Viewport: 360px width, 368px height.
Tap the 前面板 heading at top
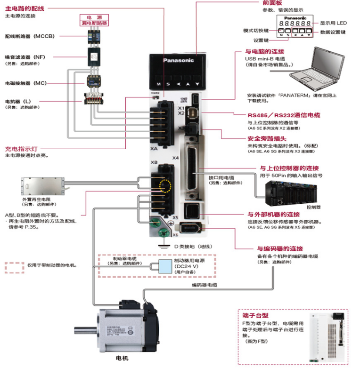point(270,3)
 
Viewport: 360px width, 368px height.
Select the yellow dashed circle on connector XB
point(165,187)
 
